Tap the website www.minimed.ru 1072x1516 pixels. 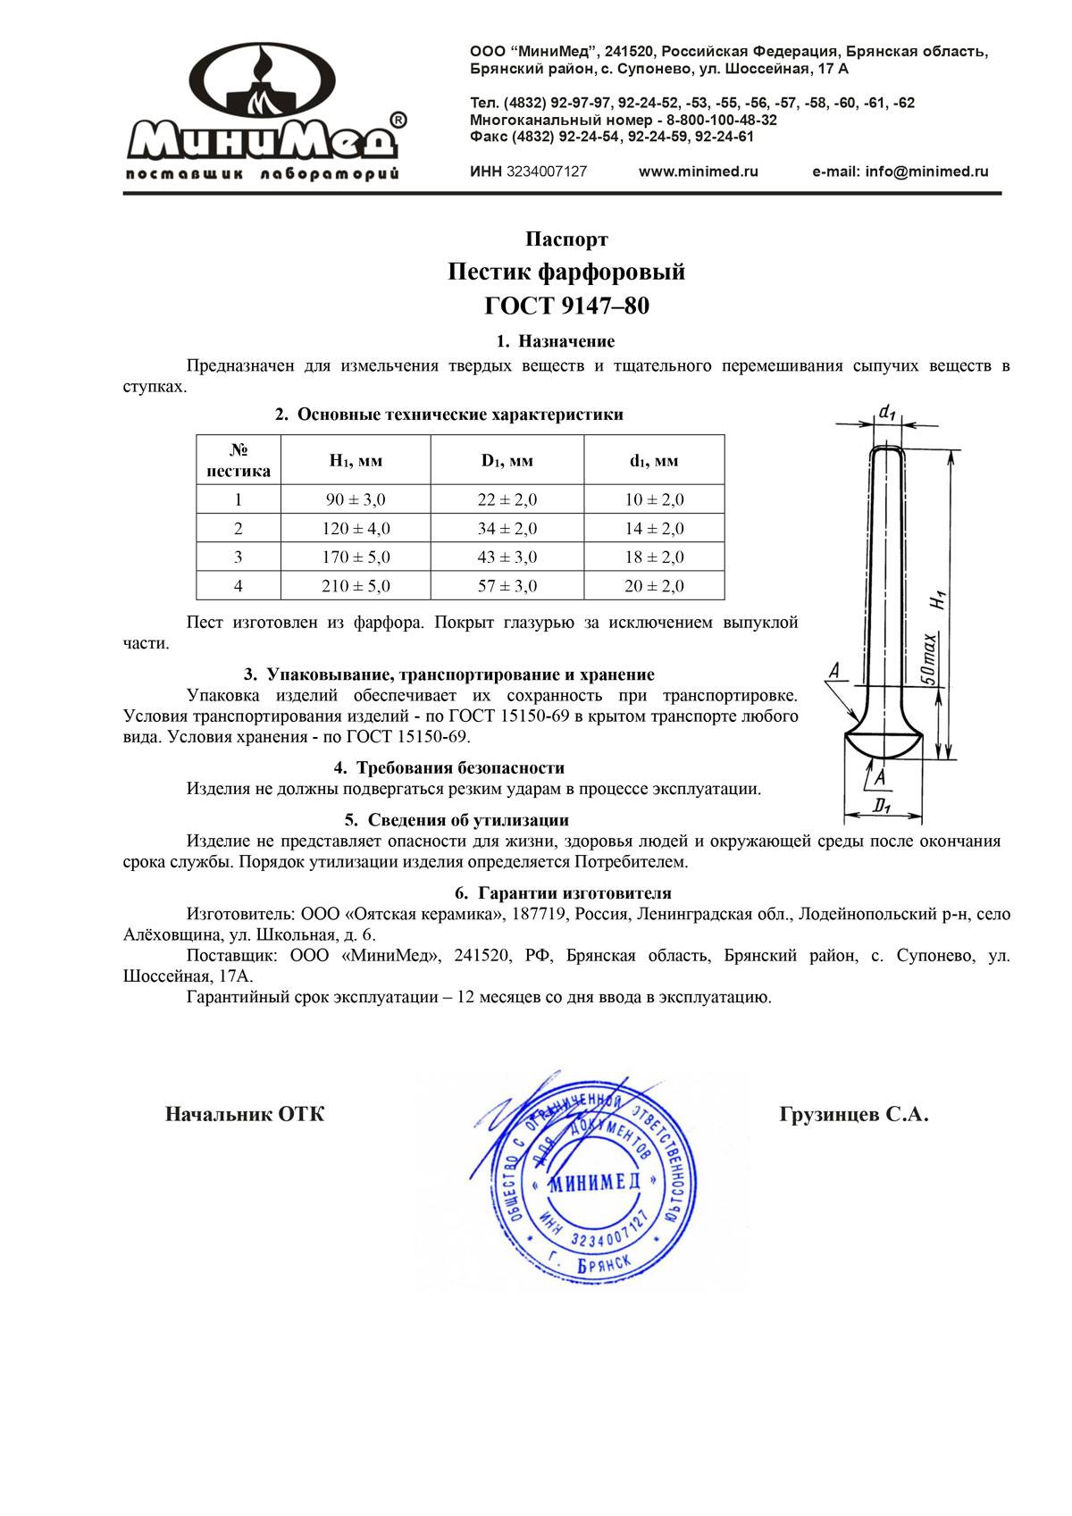698,172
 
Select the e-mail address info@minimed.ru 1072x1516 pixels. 900,172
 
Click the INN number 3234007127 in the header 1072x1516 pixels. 547,172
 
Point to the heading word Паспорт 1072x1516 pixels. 566,239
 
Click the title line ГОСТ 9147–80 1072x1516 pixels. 566,306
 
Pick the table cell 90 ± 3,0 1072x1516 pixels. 356,499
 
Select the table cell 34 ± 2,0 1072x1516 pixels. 507,528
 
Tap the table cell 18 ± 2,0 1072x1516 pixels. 654,557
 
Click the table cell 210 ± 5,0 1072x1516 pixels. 356,586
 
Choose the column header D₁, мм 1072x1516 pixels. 507,461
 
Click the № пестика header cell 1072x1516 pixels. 239,461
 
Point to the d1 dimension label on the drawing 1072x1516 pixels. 886,412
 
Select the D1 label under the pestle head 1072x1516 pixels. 882,806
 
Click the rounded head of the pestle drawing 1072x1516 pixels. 884,742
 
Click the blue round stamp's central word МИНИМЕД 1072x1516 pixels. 594,1182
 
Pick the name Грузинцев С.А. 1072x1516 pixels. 854,1114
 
